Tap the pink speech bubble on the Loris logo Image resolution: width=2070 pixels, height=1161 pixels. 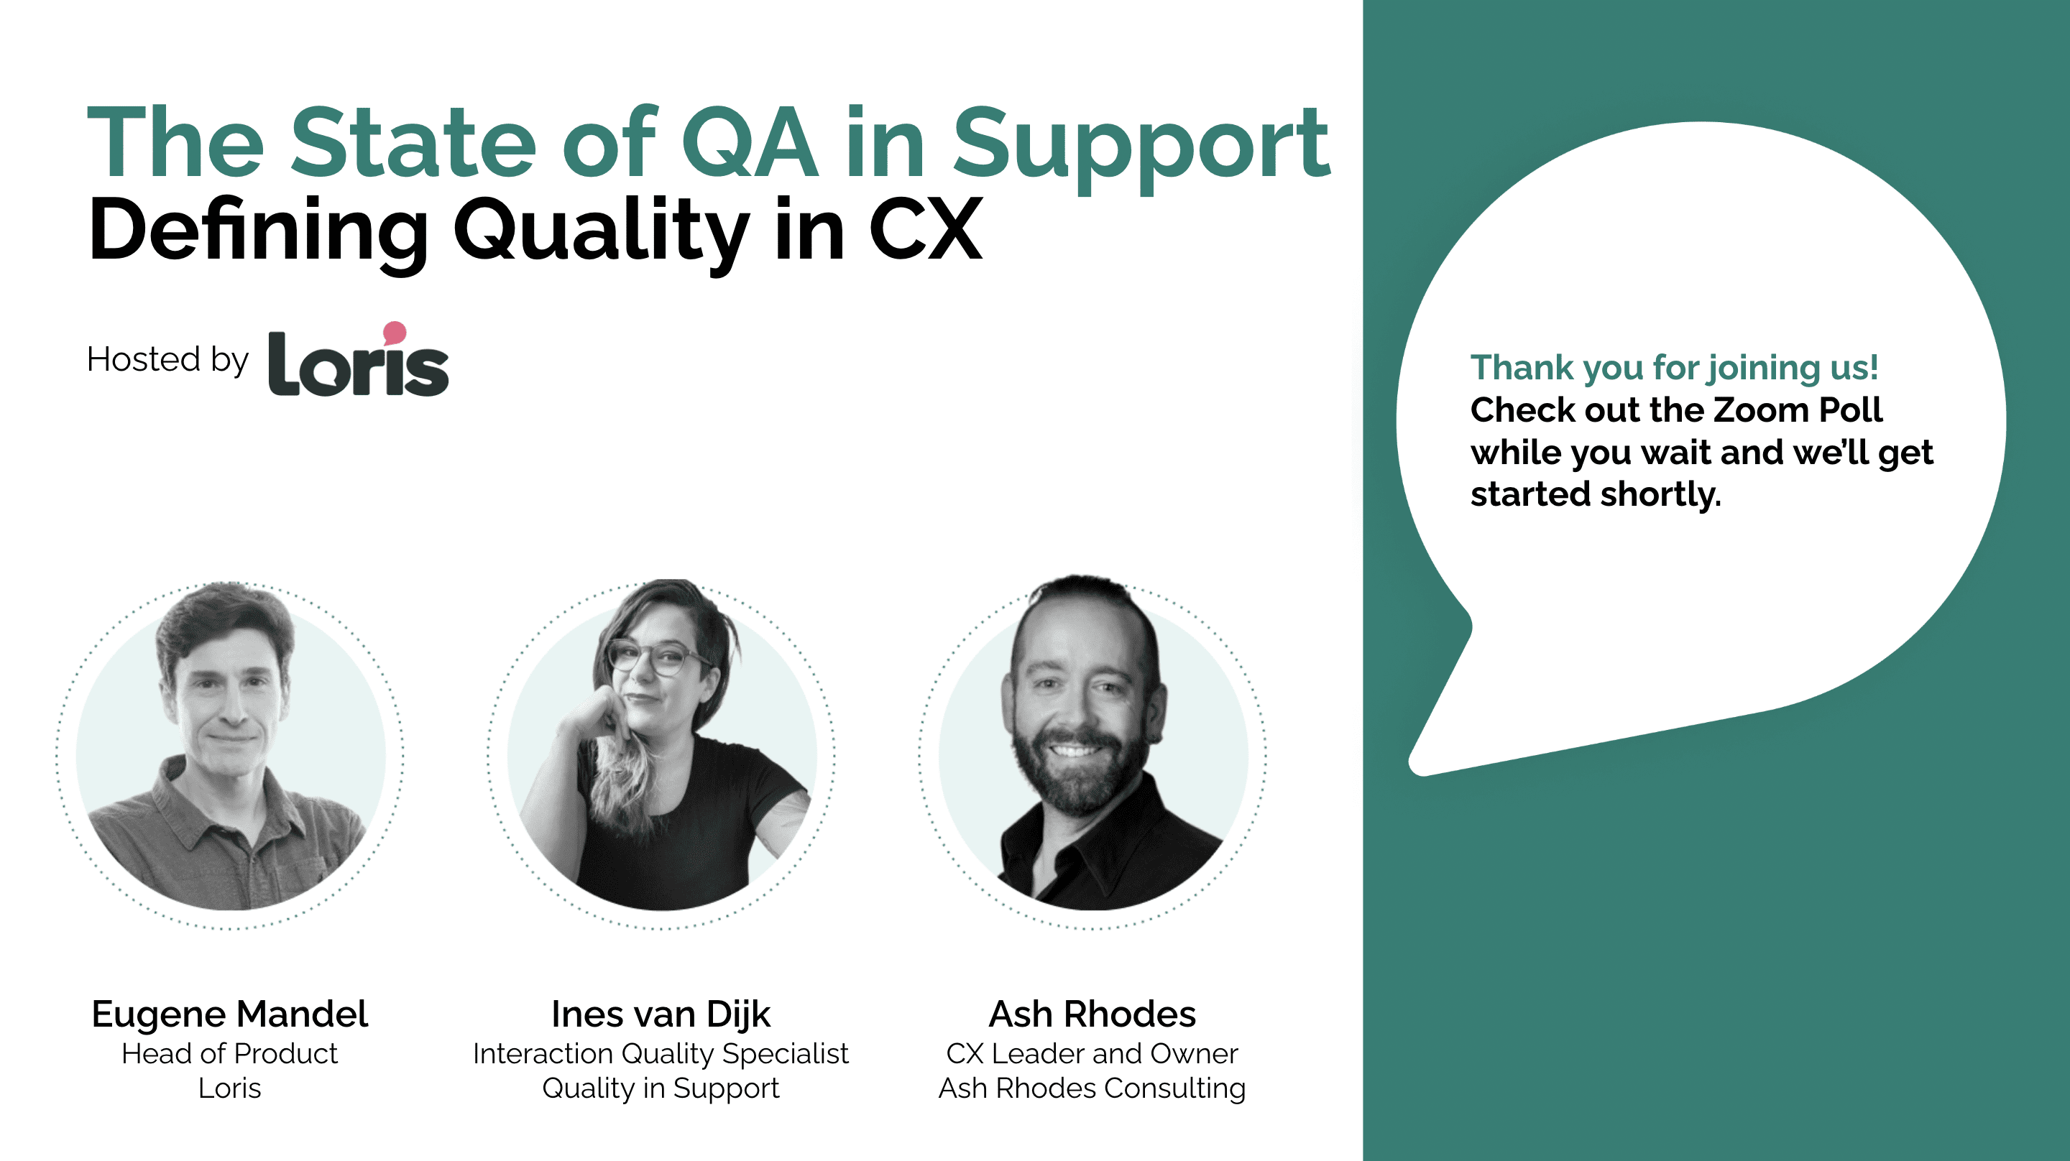click(395, 333)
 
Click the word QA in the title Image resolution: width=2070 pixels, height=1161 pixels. click(750, 142)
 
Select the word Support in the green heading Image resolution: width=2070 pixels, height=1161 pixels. click(1142, 149)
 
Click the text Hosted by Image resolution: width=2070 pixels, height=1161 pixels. click(168, 359)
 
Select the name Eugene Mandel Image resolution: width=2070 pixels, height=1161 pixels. click(230, 1014)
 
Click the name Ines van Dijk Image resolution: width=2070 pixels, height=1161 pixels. click(661, 1014)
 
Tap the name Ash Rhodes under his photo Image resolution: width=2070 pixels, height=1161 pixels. click(1092, 1014)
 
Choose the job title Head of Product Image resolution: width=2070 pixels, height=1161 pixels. click(230, 1053)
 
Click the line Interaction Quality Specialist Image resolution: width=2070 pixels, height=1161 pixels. click(661, 1054)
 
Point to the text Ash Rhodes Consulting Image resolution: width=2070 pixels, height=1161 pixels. click(1092, 1088)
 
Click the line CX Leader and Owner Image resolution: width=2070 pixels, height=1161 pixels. click(1092, 1053)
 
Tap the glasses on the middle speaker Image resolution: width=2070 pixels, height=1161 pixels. click(654, 657)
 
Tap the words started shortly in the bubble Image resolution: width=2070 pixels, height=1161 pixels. click(1596, 494)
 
